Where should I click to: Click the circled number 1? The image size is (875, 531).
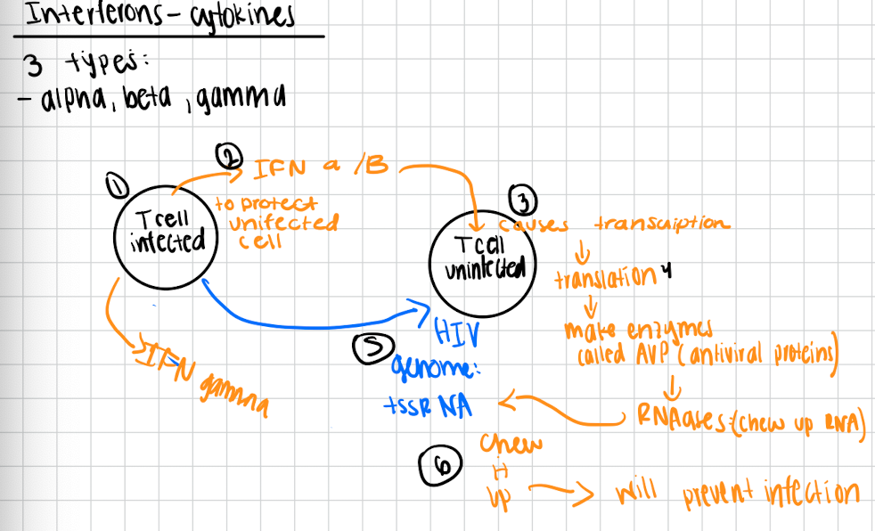click(114, 185)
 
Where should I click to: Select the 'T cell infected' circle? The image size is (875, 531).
click(166, 230)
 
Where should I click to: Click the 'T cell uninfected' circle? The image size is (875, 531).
click(481, 257)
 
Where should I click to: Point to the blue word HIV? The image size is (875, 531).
click(457, 333)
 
